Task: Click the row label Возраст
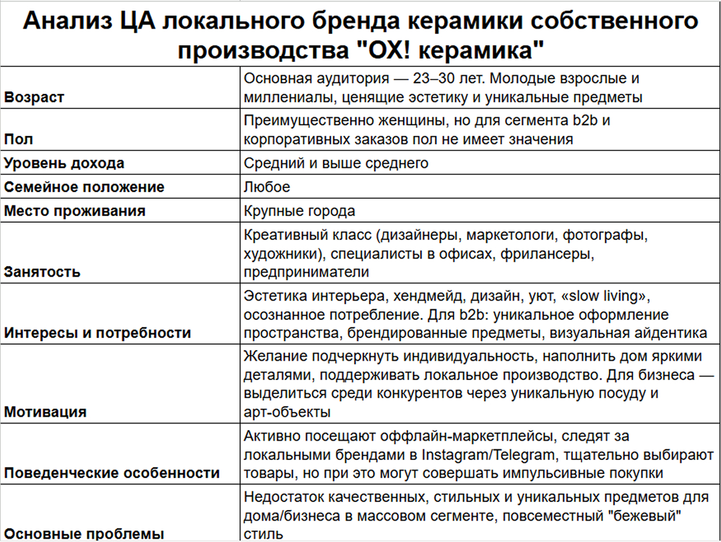pos(35,97)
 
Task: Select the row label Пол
pos(18,139)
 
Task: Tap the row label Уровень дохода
pos(64,163)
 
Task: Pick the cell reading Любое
pos(267,187)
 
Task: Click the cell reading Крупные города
pos(299,211)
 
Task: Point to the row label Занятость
pos(42,272)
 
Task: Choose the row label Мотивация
pos(45,412)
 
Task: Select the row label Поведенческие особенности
pos(112,473)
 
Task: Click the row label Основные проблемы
pos(84,534)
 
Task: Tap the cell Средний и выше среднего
pos(336,163)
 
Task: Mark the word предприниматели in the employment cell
pos(306,273)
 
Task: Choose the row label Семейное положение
pos(84,187)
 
